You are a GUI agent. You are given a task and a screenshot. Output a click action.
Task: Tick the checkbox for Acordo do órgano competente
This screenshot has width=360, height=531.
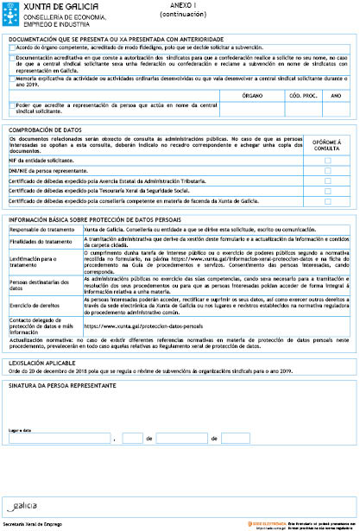point(12,47)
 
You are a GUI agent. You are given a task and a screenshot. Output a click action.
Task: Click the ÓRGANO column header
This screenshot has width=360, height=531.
point(252,95)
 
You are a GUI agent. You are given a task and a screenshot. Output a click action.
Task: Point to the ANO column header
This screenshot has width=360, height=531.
point(335,95)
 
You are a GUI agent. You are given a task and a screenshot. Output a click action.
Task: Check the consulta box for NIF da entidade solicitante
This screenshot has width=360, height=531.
point(327,161)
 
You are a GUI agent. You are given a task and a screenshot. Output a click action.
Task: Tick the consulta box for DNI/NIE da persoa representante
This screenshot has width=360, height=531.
point(327,171)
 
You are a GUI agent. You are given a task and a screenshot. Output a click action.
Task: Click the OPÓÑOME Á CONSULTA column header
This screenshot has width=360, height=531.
point(327,145)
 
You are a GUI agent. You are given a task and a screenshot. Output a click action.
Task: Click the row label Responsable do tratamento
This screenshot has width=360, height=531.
point(41,230)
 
